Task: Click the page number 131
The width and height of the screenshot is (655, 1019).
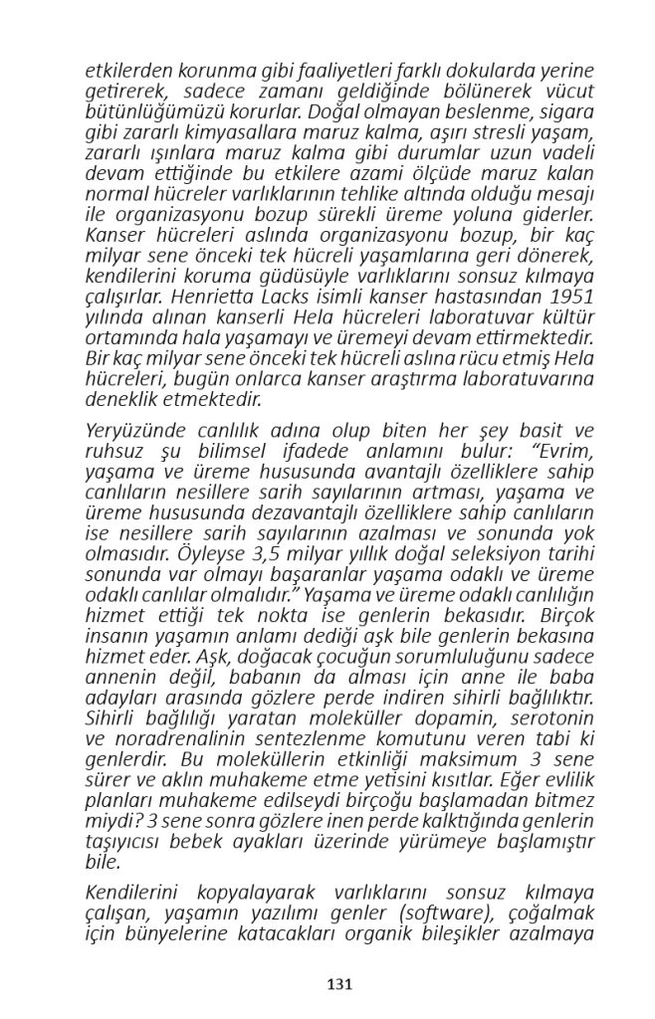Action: click(x=340, y=984)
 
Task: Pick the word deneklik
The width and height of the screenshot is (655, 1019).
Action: click(x=121, y=400)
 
